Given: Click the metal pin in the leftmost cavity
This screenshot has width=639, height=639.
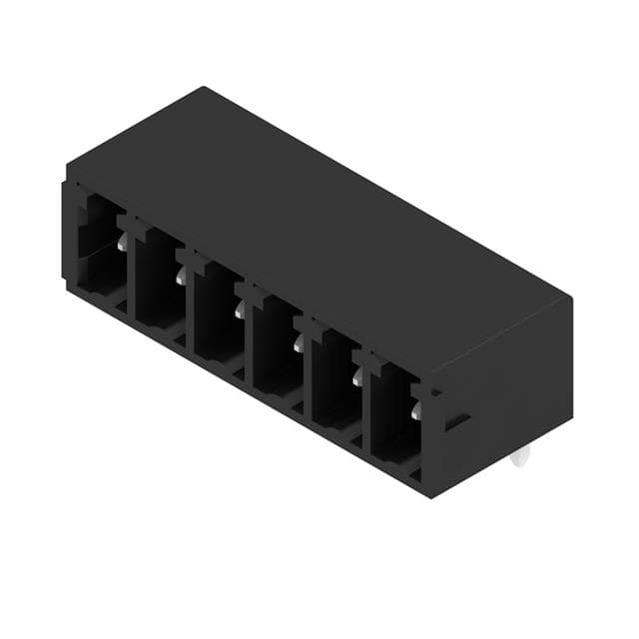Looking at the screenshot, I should click(x=122, y=243).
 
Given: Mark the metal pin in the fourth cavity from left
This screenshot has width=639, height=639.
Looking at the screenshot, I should click(x=299, y=344).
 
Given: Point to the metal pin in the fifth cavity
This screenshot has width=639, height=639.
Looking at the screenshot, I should click(x=357, y=377).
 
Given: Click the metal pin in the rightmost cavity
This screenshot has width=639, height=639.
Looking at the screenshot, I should click(x=416, y=410).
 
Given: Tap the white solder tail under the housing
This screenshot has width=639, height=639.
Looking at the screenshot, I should click(x=517, y=458).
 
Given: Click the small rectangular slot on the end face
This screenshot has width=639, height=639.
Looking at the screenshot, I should click(x=456, y=421).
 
